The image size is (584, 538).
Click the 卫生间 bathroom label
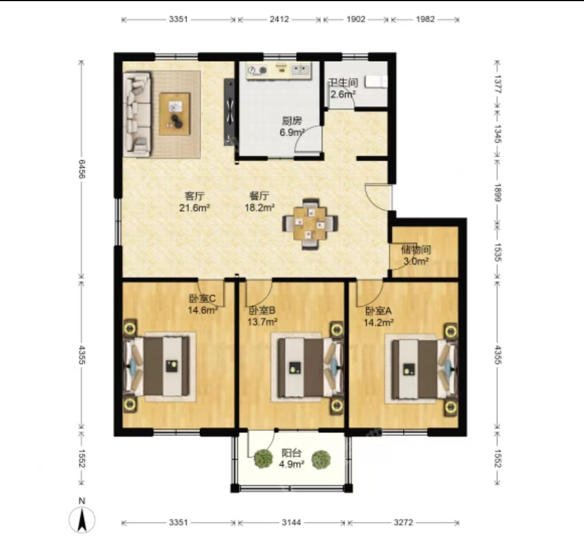pos(343,82)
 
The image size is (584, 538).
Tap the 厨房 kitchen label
pos(292,121)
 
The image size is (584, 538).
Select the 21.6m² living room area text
pos(194,208)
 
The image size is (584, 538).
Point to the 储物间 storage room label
pos(416,249)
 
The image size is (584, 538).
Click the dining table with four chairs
pos(310,223)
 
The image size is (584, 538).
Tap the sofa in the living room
pos(137,114)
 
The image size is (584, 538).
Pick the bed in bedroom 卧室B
pos(309,367)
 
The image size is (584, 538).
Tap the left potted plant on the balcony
pos(263,459)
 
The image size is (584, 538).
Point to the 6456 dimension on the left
pos(82,169)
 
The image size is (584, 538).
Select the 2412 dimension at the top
pos(279,19)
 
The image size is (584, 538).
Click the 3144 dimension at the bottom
pos(291,522)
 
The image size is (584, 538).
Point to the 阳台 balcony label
pos(291,453)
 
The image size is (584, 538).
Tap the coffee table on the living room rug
pos(174,114)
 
